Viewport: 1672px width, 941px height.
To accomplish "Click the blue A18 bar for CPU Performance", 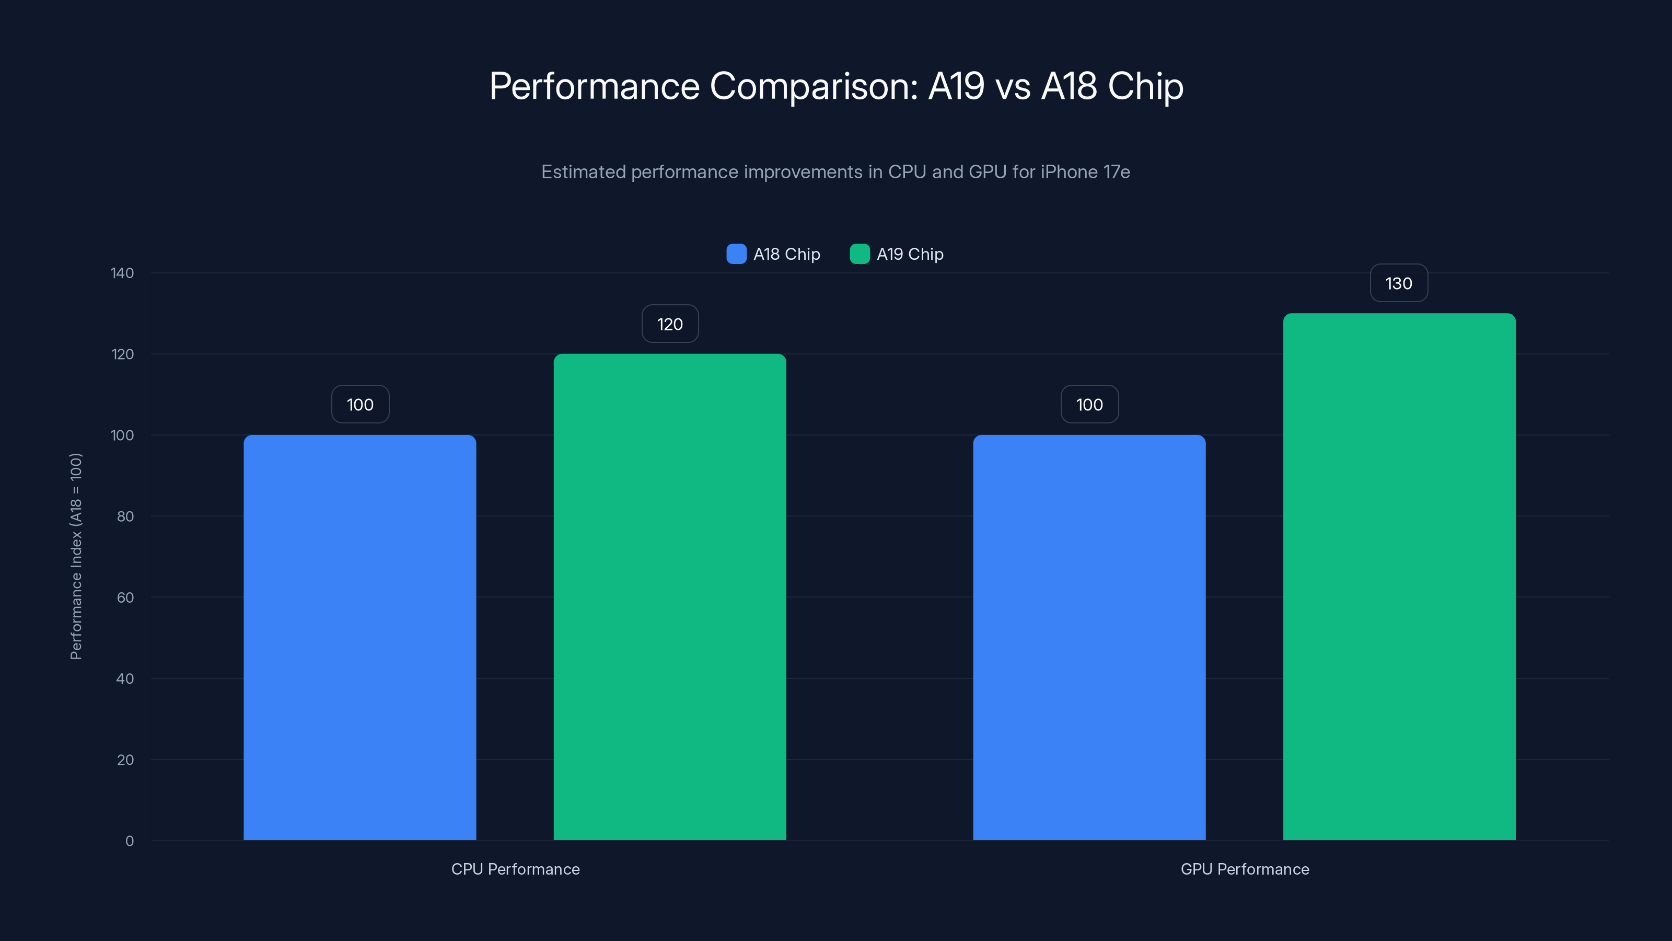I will click(x=359, y=637).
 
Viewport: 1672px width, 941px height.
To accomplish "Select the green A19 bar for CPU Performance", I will click(x=669, y=597).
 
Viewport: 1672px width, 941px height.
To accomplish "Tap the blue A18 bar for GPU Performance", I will click(x=1089, y=637).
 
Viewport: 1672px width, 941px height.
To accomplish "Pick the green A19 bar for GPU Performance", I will click(x=1399, y=577).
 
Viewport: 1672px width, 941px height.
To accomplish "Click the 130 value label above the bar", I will click(x=1399, y=283).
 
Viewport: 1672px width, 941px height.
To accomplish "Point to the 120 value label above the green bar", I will click(x=670, y=324).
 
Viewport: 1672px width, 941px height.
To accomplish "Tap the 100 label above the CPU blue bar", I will click(x=360, y=405).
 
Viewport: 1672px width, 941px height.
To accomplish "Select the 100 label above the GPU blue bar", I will click(x=1089, y=405).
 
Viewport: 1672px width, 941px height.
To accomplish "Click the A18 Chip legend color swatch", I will click(x=736, y=254).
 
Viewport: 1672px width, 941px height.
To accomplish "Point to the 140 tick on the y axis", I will click(x=122, y=273).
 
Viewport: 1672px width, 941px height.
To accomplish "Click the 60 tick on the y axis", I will click(x=125, y=598).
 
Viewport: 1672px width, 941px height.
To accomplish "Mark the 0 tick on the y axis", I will click(x=129, y=841).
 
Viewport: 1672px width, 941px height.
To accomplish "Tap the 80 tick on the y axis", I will click(x=125, y=517).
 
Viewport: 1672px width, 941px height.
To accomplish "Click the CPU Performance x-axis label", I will click(x=515, y=869).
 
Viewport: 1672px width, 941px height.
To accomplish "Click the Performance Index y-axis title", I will click(x=76, y=557).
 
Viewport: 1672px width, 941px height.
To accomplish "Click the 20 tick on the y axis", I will click(x=125, y=760).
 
